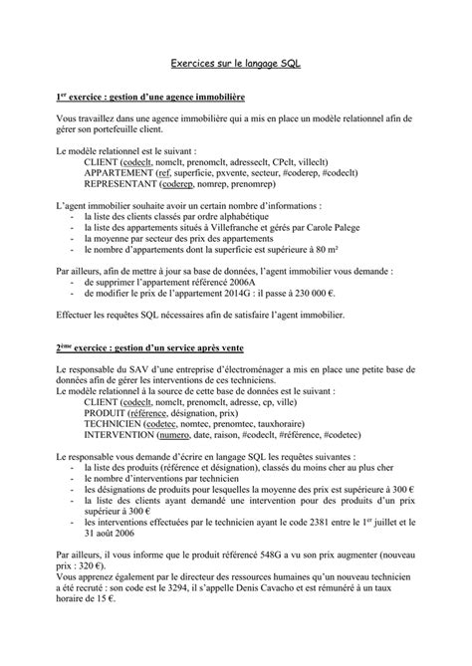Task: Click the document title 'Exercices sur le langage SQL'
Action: click(x=235, y=64)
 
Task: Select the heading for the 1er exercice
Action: click(x=150, y=98)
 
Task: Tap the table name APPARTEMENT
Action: click(x=118, y=172)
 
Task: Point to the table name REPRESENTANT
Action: click(x=119, y=183)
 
